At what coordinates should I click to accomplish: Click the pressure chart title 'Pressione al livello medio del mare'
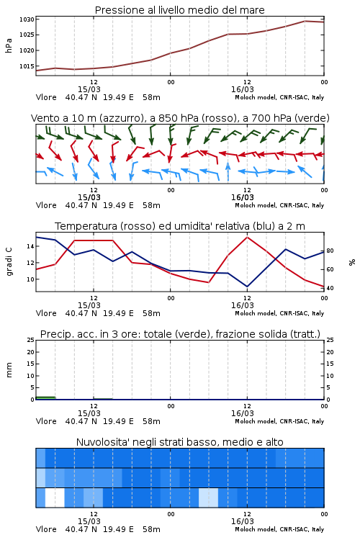179,10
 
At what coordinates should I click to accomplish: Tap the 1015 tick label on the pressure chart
27,66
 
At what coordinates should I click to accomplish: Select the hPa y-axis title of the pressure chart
9,45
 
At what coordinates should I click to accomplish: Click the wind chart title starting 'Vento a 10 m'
180,118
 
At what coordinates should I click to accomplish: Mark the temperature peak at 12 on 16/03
247,237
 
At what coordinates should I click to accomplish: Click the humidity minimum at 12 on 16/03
247,286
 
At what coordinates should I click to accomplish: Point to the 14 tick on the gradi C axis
31,246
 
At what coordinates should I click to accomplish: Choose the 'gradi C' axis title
9,261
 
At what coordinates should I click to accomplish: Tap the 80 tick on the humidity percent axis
330,251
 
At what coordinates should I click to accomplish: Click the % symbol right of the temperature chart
352,262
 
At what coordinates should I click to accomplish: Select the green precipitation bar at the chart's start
45,398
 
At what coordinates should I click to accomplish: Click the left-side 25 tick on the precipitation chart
31,340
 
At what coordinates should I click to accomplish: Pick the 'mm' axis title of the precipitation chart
9,370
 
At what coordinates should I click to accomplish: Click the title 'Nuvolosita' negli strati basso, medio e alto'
179,442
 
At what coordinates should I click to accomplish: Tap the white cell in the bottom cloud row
55,498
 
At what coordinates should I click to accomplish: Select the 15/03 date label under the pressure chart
89,89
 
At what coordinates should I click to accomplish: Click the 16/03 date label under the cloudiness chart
242,521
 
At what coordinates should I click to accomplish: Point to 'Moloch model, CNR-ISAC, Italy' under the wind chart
279,206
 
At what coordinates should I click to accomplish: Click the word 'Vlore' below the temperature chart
46,313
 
